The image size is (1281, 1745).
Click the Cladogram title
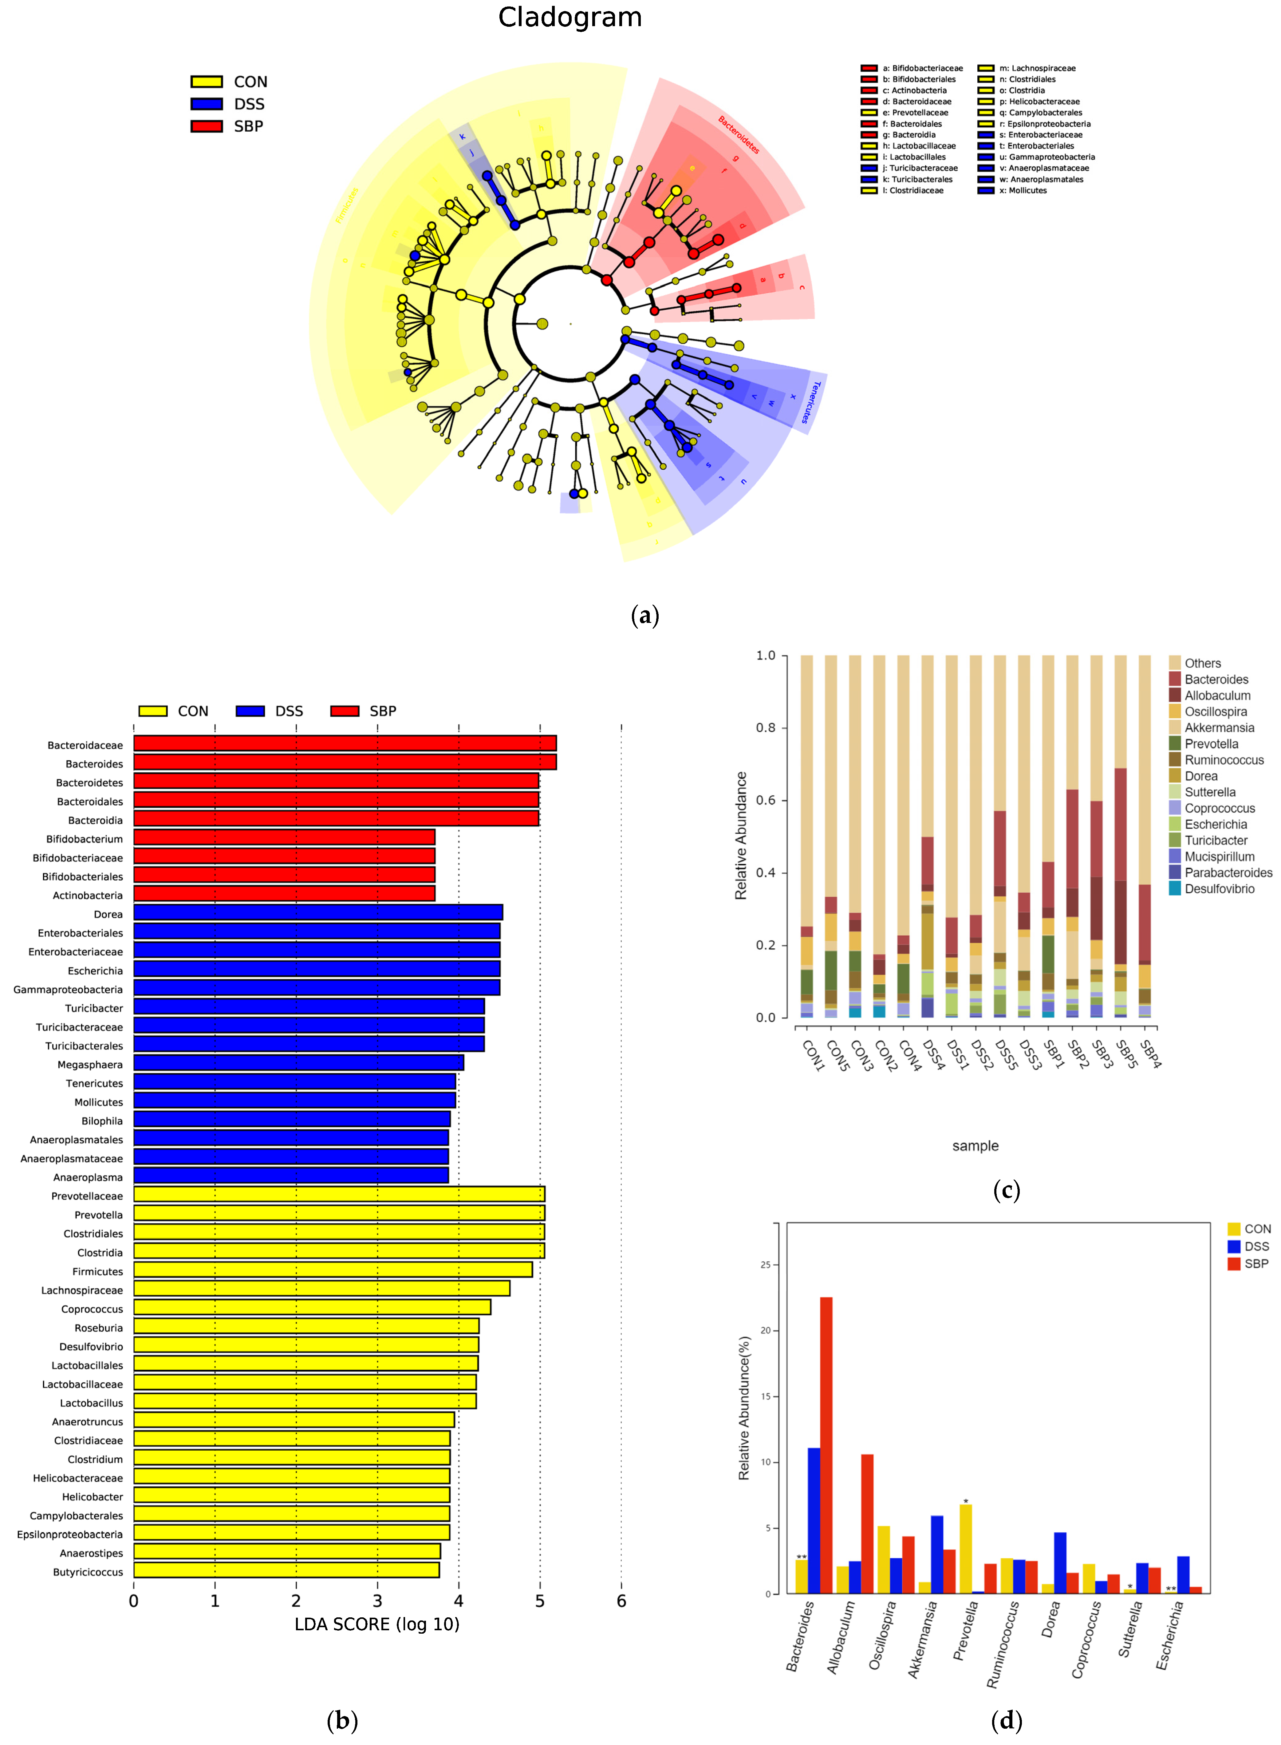click(570, 17)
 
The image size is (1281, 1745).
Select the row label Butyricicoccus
click(88, 1572)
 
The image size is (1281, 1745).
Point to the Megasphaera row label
click(90, 1065)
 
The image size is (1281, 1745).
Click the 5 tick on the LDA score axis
click(540, 1601)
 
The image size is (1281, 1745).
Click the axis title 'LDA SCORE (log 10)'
click(377, 1624)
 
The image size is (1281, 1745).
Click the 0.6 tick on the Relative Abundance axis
click(765, 800)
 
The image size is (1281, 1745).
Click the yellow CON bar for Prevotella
click(965, 1549)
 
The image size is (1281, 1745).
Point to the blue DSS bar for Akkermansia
click(937, 1554)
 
